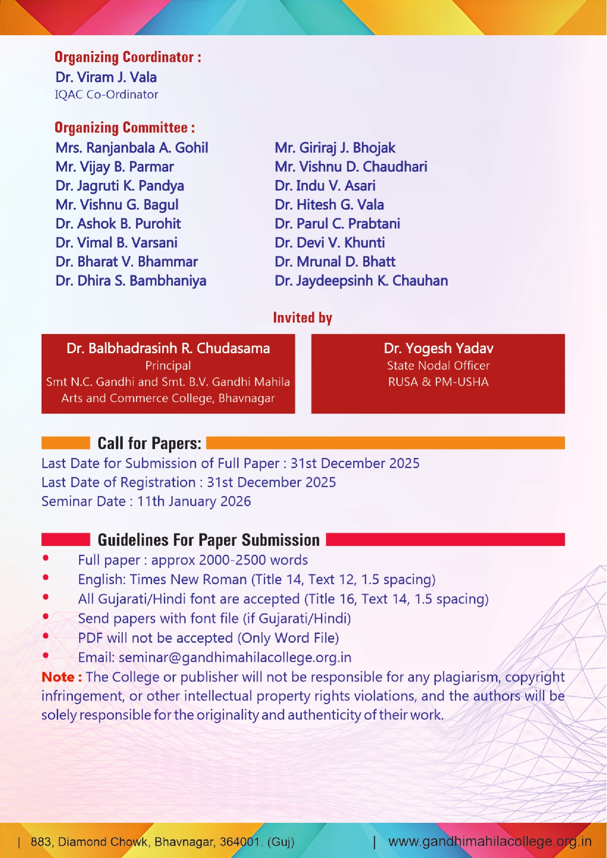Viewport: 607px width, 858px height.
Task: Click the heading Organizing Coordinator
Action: (x=128, y=57)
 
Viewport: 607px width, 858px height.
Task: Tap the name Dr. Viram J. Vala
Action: (x=106, y=77)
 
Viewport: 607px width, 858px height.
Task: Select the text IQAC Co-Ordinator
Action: (x=106, y=94)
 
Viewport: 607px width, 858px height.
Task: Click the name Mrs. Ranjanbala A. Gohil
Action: (x=132, y=148)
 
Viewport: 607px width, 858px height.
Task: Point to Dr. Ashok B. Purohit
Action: (x=118, y=224)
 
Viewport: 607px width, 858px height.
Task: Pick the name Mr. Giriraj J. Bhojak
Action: (x=335, y=148)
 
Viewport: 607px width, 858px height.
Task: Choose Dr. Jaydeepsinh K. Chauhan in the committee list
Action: (x=361, y=281)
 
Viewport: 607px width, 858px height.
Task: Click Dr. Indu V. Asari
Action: (x=325, y=186)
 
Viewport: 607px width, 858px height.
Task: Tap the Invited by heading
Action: (x=302, y=318)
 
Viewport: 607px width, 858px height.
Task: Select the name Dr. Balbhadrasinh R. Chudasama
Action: (x=168, y=348)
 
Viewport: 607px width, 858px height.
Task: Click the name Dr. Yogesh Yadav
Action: (x=438, y=348)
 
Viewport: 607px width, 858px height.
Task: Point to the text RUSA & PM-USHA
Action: (x=438, y=382)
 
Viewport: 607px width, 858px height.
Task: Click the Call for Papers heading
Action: (x=149, y=443)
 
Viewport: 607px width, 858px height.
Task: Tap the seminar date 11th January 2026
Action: (x=194, y=501)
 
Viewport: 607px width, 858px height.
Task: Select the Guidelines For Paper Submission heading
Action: (x=208, y=540)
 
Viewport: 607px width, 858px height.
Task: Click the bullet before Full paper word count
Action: (x=45, y=558)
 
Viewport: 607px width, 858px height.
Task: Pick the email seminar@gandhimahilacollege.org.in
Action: (x=235, y=657)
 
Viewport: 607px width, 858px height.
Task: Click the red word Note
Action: (x=58, y=677)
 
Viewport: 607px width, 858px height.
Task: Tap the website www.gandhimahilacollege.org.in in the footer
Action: (x=490, y=841)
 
